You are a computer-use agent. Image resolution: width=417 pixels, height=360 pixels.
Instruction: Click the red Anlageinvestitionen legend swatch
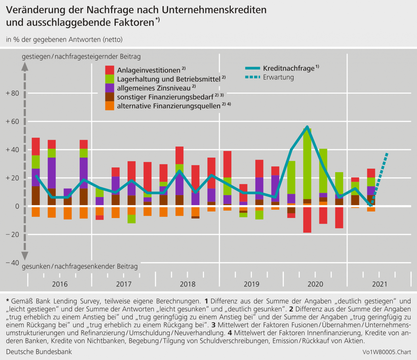click(x=109, y=70)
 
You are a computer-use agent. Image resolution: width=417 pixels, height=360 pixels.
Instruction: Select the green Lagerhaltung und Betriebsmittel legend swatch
click(x=109, y=79)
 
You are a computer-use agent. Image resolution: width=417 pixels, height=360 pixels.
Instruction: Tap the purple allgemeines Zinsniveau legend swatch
click(x=109, y=88)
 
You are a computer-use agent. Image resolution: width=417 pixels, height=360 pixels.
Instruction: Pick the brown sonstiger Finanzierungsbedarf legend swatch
click(x=109, y=97)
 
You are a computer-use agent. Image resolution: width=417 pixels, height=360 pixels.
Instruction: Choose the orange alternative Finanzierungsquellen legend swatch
click(x=109, y=106)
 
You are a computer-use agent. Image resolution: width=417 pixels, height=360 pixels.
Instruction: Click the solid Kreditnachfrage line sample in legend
click(x=253, y=68)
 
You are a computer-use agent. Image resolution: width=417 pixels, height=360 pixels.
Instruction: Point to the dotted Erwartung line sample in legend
click(x=253, y=77)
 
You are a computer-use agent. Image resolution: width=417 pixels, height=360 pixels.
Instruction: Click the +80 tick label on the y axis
click(x=13, y=93)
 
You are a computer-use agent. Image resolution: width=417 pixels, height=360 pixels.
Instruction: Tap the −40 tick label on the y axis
click(x=13, y=263)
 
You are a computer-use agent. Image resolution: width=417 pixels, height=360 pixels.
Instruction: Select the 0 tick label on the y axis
click(x=17, y=207)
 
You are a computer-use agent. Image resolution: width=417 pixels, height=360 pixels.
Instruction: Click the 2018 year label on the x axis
click(x=188, y=284)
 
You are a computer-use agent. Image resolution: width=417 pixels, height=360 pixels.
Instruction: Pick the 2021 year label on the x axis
click(x=380, y=284)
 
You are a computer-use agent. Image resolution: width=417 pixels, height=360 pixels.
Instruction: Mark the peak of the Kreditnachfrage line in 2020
click(x=307, y=127)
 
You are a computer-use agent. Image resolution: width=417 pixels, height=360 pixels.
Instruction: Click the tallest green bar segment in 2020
click(x=307, y=164)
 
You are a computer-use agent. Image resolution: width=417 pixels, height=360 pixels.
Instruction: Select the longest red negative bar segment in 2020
click(x=307, y=220)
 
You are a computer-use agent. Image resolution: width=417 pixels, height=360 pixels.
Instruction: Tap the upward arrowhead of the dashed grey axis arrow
click(x=25, y=67)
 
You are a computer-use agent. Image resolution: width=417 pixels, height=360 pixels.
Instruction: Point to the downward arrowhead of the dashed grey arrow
click(x=25, y=256)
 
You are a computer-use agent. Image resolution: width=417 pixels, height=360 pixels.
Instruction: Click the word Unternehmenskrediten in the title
click(x=214, y=10)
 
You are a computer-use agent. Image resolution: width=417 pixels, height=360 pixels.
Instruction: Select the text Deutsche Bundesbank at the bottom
click(x=39, y=352)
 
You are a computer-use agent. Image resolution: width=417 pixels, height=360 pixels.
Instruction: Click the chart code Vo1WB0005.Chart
click(x=387, y=352)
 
